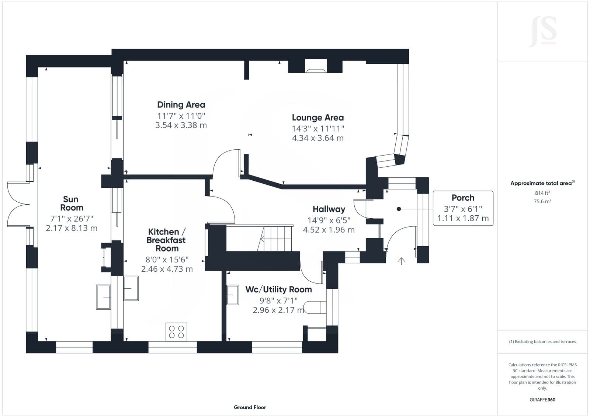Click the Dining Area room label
181,105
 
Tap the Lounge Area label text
317,118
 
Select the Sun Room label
72,204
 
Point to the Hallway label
329,209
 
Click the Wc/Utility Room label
278,289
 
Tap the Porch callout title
463,198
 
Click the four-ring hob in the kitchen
176,332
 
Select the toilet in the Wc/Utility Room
315,307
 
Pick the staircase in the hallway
274,238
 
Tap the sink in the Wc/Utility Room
233,295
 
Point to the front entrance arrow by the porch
401,261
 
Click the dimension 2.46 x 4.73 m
167,269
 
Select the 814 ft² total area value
542,193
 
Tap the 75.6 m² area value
542,201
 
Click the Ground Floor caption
250,407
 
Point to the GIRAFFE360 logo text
542,400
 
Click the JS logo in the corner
542,32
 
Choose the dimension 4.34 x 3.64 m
317,138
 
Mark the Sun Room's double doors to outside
18,204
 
